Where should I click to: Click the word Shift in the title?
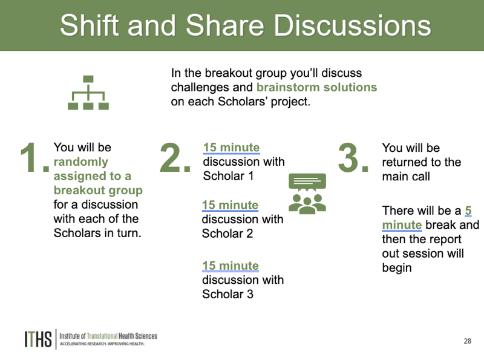[x=89, y=25]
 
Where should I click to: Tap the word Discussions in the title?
[x=352, y=25]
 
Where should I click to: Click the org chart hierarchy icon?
[x=88, y=93]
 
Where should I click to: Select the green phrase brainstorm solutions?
[x=316, y=87]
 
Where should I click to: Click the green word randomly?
[x=81, y=162]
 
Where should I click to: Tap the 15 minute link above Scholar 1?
[x=232, y=148]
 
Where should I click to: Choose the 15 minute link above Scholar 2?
[x=231, y=205]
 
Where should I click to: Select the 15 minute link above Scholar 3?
[x=231, y=266]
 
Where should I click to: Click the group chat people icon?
[x=307, y=194]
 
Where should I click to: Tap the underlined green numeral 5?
[x=468, y=211]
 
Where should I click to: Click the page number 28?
[x=467, y=341]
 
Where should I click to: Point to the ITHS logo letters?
[x=38, y=339]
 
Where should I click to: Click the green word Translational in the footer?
[x=102, y=336]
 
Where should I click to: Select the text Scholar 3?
[x=228, y=294]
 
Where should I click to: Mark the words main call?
[x=406, y=177]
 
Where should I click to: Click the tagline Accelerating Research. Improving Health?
[x=102, y=344]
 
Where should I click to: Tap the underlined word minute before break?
[x=402, y=225]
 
